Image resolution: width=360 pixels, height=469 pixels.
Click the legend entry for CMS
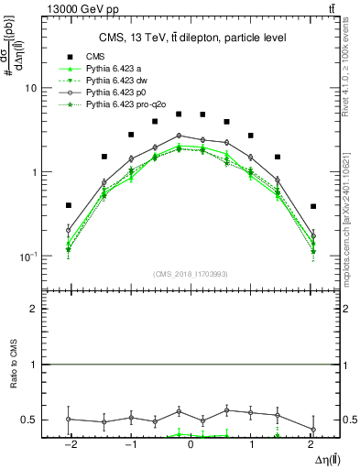(95, 56)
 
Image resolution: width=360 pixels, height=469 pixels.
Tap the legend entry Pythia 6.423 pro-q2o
(132, 106)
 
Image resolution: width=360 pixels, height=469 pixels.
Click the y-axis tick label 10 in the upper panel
(29, 88)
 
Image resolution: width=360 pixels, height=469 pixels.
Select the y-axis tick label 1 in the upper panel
(33, 172)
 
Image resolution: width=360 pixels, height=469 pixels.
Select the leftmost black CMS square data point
(69, 205)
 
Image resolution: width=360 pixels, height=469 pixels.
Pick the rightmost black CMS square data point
(313, 206)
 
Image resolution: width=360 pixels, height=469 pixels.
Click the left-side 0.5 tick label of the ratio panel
(30, 420)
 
